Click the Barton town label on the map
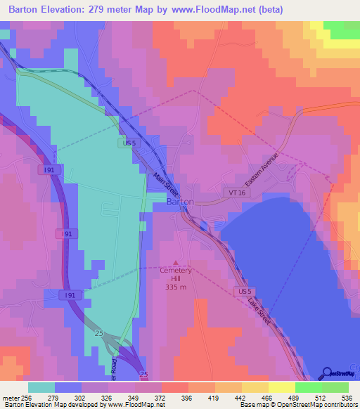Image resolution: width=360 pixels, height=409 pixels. point(180,202)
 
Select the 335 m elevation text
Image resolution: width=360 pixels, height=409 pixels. point(176,287)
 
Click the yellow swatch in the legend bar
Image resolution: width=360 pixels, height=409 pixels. point(282,387)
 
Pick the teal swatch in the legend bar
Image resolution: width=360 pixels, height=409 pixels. point(41,387)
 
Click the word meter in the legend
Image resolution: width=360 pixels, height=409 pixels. point(11,398)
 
